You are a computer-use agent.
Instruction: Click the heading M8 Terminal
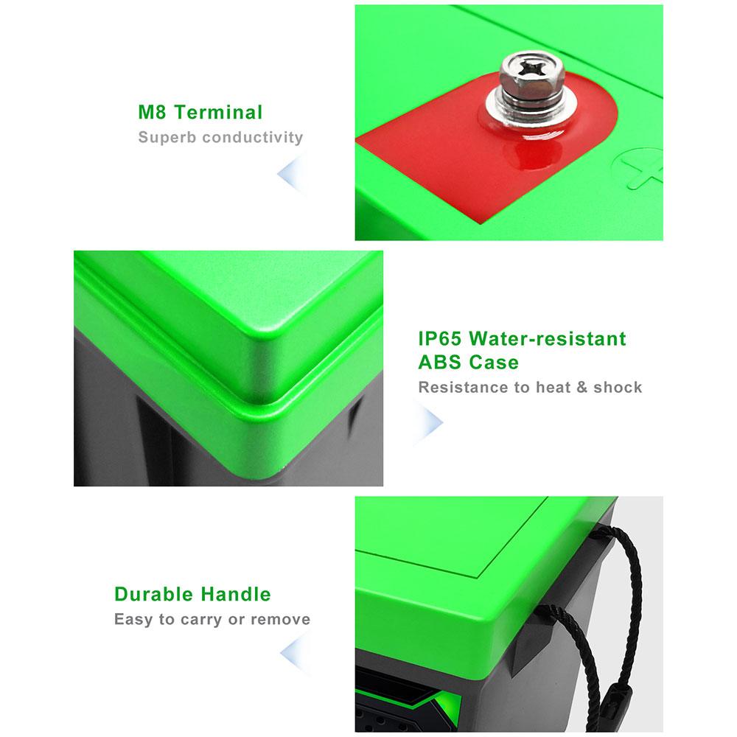click(x=200, y=112)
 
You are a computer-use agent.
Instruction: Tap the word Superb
click(x=167, y=137)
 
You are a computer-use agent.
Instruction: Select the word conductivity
click(x=252, y=137)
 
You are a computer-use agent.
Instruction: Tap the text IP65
click(x=439, y=338)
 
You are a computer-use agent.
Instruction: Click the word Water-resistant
click(x=548, y=338)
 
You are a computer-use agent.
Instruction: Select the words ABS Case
click(x=468, y=363)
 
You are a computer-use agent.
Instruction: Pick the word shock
click(x=618, y=388)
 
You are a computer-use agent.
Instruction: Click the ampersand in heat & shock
click(x=582, y=388)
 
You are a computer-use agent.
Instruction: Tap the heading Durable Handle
click(x=192, y=594)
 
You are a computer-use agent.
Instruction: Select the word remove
click(x=281, y=620)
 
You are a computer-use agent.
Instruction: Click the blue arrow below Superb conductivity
click(x=293, y=174)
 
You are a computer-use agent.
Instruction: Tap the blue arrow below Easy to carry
click(x=296, y=653)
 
